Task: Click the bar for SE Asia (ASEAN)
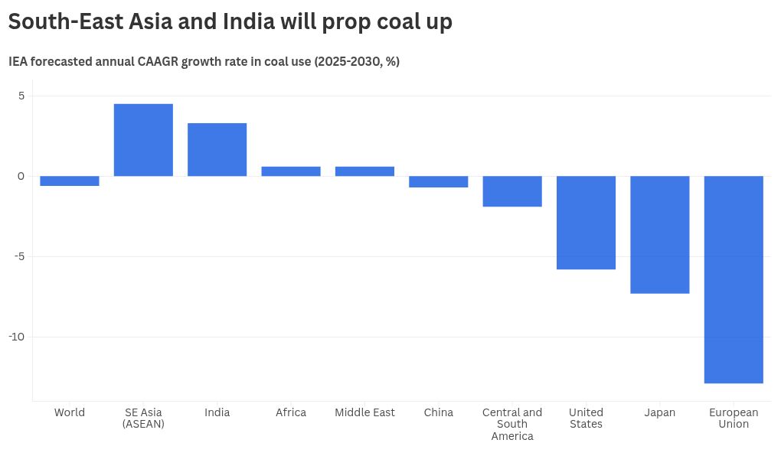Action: (143, 140)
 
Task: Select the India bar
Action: (217, 149)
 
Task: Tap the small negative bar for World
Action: (70, 181)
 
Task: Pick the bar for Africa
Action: (291, 171)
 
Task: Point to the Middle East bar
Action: (364, 171)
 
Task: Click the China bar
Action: (439, 182)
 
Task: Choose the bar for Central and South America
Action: (512, 191)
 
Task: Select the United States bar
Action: (586, 223)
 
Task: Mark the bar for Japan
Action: (660, 235)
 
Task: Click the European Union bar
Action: (734, 279)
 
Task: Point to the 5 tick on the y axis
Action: (21, 96)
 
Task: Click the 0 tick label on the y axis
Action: (21, 176)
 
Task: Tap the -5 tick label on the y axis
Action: (19, 256)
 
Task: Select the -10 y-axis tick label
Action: (17, 337)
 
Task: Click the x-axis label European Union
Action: (734, 419)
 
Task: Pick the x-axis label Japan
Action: (660, 412)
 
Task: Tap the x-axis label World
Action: (70, 412)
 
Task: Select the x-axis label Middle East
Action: (364, 412)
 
